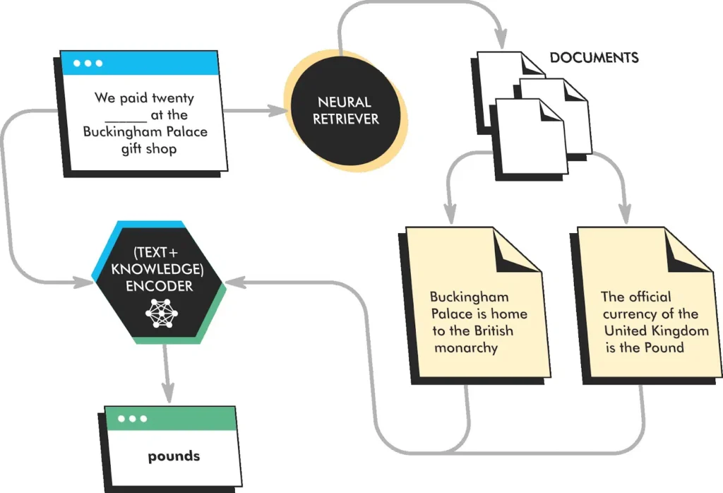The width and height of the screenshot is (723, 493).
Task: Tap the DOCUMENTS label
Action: [594, 58]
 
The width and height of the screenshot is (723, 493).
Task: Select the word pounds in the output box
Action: [174, 456]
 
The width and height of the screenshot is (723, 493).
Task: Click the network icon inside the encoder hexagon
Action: [162, 313]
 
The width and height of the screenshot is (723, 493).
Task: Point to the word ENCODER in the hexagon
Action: [160, 287]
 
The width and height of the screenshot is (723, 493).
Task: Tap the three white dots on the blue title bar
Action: [88, 64]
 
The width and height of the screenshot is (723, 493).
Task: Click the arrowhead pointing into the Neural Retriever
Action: [276, 110]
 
